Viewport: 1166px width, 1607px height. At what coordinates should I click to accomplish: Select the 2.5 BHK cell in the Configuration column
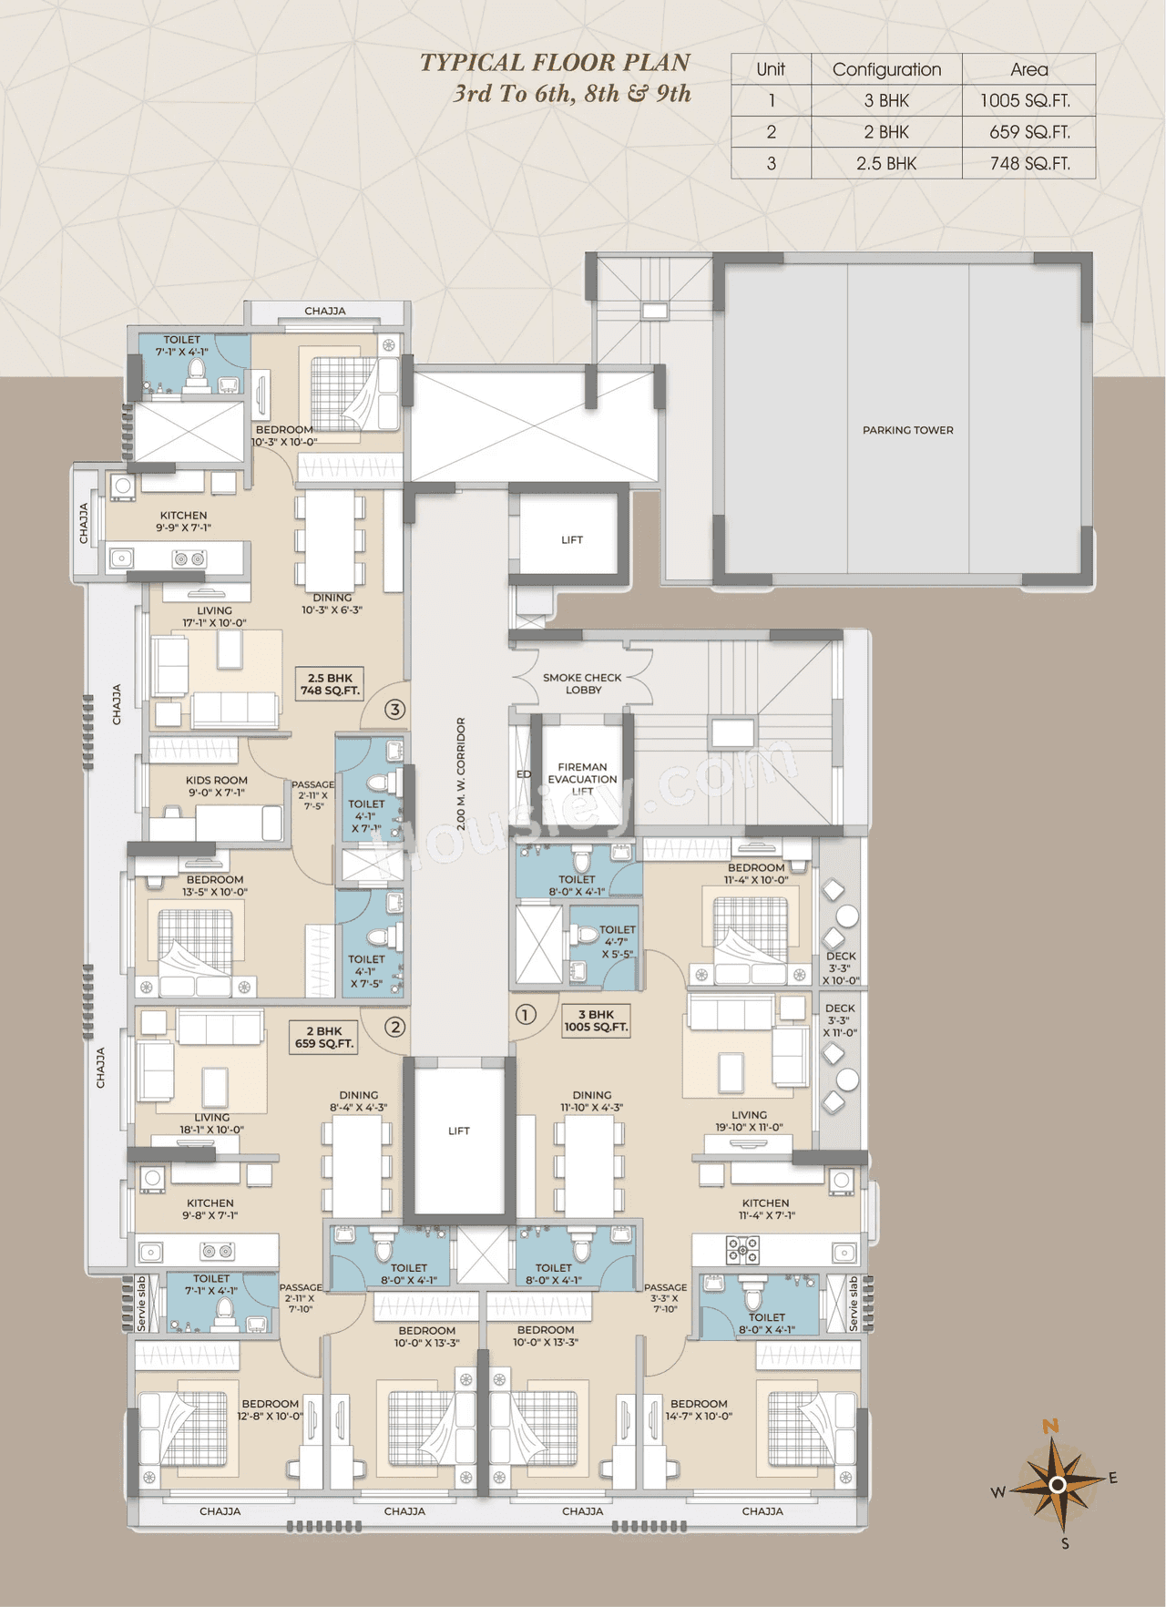click(886, 164)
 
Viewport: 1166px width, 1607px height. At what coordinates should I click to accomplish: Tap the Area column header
click(1028, 69)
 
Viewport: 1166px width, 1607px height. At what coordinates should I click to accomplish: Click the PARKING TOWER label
click(907, 430)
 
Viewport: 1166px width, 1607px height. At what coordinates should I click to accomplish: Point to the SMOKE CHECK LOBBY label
click(582, 684)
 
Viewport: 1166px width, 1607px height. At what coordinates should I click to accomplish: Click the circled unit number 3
click(394, 709)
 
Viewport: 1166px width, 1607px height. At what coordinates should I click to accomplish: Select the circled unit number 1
click(526, 1014)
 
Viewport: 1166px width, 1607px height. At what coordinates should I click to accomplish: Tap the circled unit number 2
click(394, 1027)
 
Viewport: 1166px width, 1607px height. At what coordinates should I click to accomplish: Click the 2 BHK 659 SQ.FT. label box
click(324, 1038)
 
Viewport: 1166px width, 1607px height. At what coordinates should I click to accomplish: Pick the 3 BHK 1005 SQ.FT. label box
click(596, 1020)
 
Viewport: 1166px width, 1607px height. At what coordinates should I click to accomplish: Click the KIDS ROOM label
click(217, 786)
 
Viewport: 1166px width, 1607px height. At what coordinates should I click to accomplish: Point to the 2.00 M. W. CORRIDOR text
click(461, 773)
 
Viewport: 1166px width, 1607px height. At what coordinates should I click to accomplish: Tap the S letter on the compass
click(1065, 1543)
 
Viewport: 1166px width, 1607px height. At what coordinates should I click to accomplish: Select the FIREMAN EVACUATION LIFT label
click(582, 779)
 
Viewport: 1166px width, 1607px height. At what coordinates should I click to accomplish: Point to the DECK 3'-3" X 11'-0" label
click(840, 1020)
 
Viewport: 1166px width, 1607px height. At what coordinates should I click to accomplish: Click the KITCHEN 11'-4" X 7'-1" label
click(766, 1209)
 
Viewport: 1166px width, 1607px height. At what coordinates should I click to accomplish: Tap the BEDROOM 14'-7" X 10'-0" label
click(699, 1410)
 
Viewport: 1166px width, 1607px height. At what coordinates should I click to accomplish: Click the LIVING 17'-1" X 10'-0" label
click(214, 617)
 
